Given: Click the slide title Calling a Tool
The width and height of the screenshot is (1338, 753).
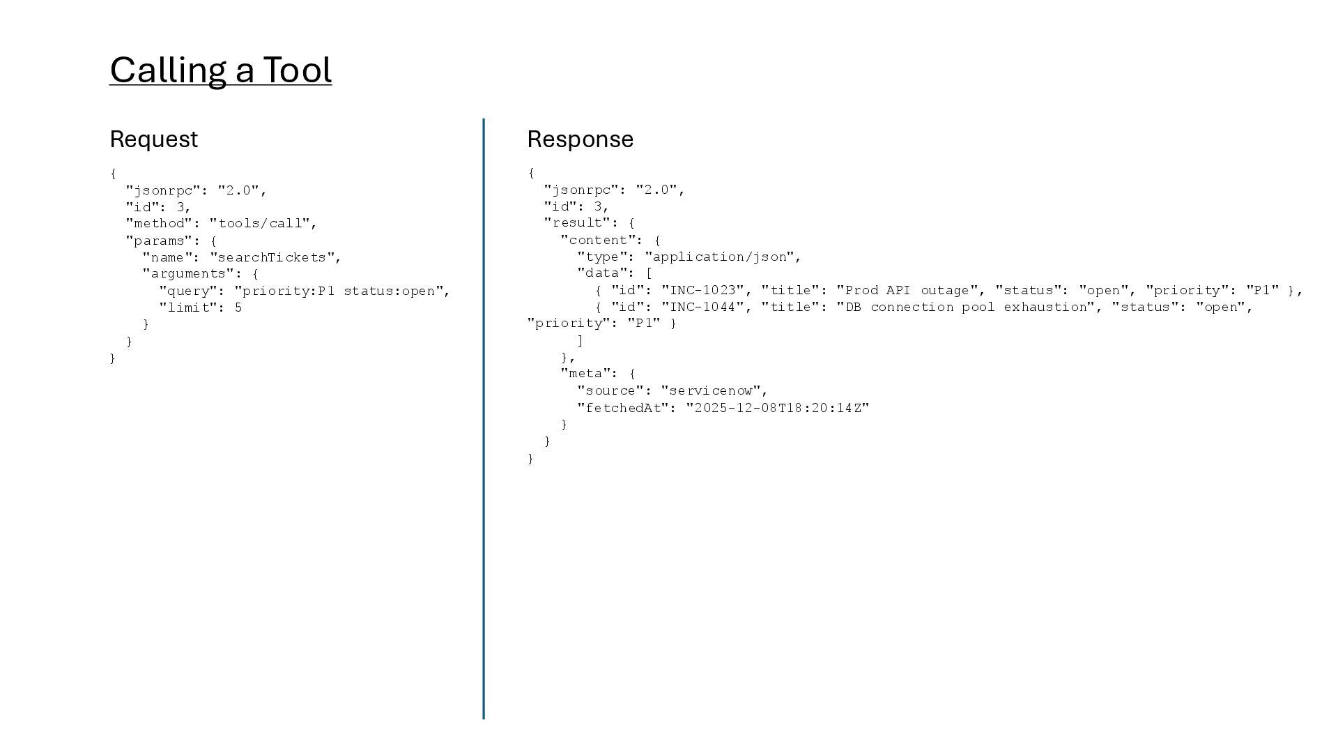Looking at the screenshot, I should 220,70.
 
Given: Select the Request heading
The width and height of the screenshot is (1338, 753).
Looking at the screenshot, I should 154,139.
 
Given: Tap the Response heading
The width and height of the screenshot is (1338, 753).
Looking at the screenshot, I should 580,139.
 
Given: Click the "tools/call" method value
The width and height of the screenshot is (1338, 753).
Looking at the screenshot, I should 259,223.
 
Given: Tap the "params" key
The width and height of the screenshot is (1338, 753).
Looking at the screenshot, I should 155,241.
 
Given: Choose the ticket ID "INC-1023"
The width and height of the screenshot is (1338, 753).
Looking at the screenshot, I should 702,290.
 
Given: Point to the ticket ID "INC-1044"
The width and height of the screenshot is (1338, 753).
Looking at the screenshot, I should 702,307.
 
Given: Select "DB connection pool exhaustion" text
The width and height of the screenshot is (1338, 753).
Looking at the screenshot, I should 965,307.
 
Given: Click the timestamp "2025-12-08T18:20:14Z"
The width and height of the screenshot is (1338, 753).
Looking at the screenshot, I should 778,408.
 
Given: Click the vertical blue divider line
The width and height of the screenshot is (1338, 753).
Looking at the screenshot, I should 484,418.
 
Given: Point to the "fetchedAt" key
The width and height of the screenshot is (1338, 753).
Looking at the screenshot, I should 623,408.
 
